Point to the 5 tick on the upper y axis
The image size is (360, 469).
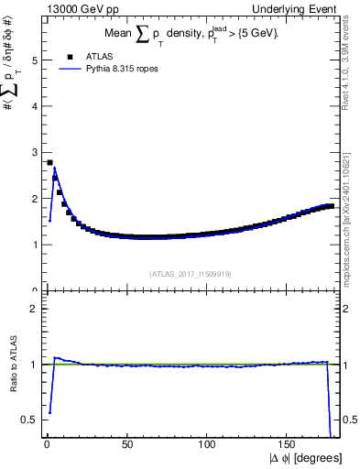pos(35,60)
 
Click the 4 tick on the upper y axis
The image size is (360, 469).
pos(35,106)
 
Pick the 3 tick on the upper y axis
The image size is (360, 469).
pos(35,152)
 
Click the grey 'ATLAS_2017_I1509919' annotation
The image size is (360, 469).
pos(190,273)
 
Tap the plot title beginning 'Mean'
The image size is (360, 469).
pos(191,34)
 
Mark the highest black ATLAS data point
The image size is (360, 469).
pos(49,162)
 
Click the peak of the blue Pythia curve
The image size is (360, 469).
pos(54,168)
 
